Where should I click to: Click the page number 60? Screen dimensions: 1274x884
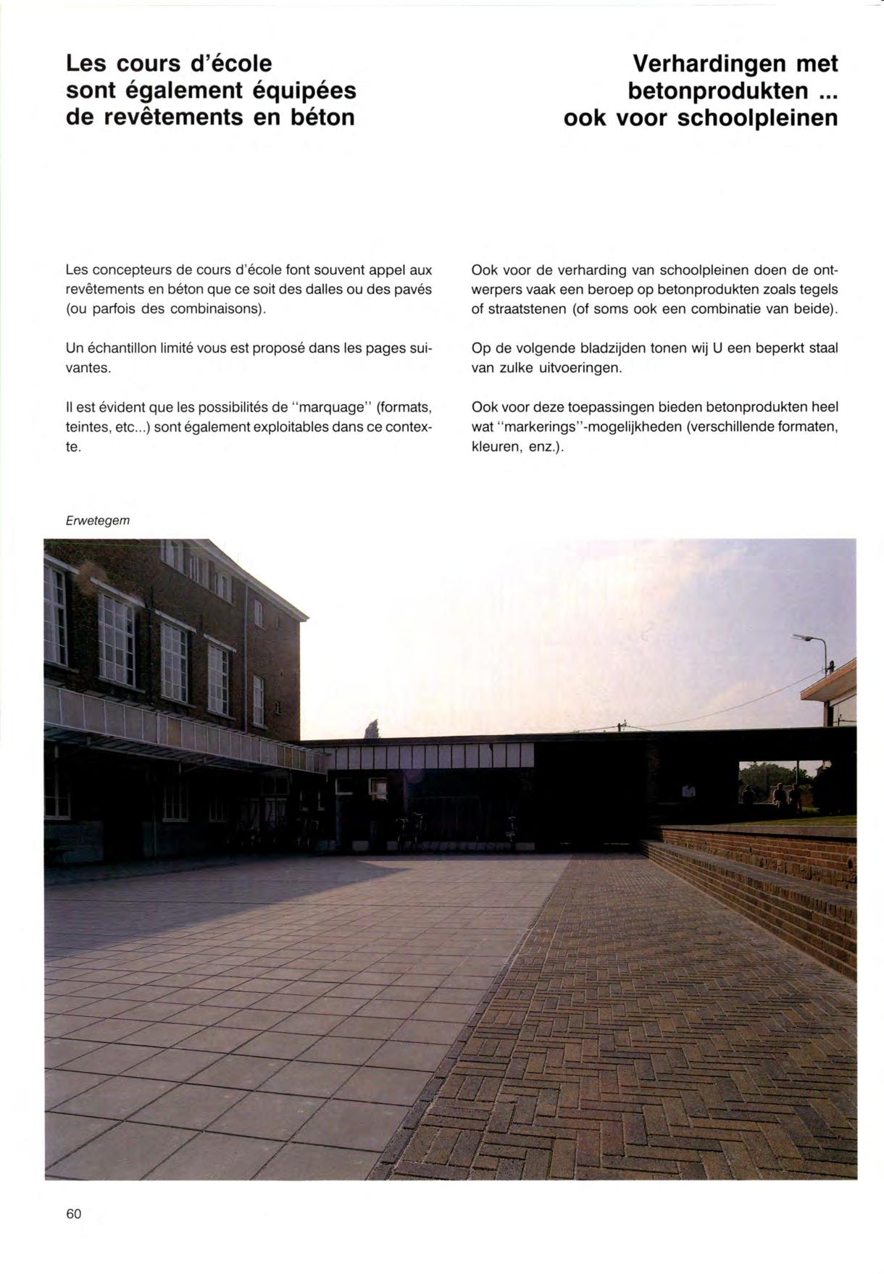pyautogui.click(x=73, y=1213)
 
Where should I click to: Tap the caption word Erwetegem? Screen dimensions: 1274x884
pyautogui.click(x=97, y=520)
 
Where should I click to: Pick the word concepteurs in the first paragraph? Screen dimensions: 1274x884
pyautogui.click(x=129, y=270)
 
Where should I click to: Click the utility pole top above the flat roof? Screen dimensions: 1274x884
pyautogui.click(x=621, y=725)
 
